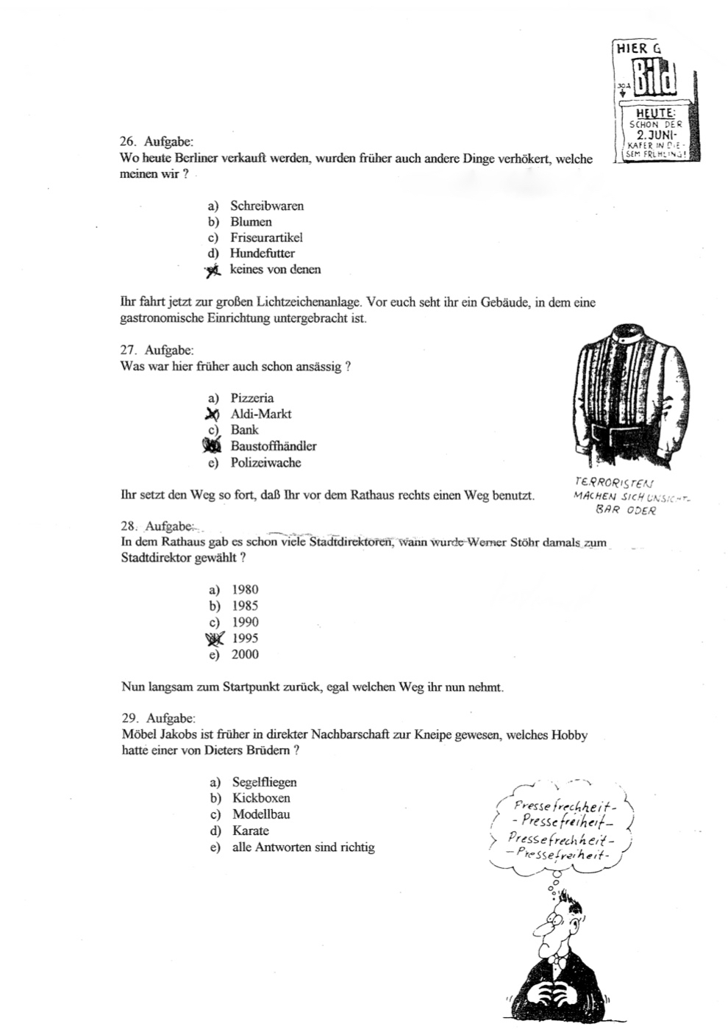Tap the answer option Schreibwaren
(x=266, y=206)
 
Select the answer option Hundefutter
(x=262, y=254)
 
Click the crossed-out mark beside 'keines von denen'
(x=214, y=270)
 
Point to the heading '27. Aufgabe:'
(x=157, y=351)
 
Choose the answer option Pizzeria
(x=251, y=398)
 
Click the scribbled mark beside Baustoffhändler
(x=213, y=445)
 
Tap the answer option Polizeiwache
(x=265, y=463)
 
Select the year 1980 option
(x=245, y=589)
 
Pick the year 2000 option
(x=245, y=655)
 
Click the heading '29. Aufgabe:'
(x=158, y=718)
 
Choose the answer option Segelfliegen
(x=264, y=783)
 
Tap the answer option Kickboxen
(x=261, y=798)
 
